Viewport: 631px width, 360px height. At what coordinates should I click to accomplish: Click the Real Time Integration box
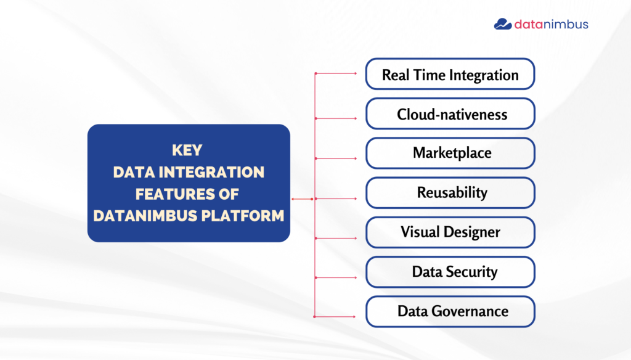(x=450, y=74)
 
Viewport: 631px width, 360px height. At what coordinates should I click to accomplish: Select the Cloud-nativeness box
(x=450, y=113)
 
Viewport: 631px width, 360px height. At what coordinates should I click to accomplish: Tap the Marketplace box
(x=450, y=153)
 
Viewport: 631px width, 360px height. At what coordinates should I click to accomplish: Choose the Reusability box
(x=450, y=192)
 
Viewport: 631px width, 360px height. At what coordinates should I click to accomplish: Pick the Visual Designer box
(x=450, y=232)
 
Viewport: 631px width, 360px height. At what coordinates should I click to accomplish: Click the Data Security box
(x=450, y=272)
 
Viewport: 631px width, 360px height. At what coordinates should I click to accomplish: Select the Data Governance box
(x=450, y=312)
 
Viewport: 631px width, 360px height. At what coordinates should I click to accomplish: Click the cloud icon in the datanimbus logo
(x=503, y=24)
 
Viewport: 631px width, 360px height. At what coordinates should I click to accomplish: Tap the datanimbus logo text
(x=552, y=25)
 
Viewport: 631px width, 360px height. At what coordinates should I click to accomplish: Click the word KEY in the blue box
(x=187, y=150)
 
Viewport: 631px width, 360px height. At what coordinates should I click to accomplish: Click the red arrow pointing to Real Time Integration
(x=336, y=73)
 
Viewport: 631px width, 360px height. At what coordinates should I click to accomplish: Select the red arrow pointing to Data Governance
(x=335, y=317)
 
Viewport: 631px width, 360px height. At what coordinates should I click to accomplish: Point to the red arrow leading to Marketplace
(x=336, y=158)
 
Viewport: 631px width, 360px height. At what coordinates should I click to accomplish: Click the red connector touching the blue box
(x=302, y=199)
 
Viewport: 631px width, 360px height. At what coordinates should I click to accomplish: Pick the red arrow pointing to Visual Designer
(x=336, y=239)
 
